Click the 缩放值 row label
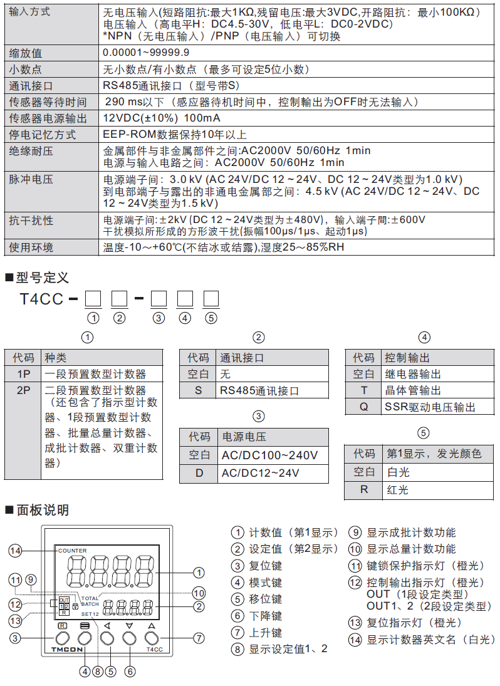tap(26, 53)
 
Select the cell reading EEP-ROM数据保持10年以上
tap(175, 135)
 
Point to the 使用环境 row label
tap(31, 247)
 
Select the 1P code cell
tap(24, 374)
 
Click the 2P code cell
tap(24, 390)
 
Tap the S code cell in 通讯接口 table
tap(199, 391)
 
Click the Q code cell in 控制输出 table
tap(363, 407)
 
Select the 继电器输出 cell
tap(413, 375)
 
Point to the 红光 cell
tap(398, 490)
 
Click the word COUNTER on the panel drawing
tap(73, 551)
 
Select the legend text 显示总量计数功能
tap(411, 549)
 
